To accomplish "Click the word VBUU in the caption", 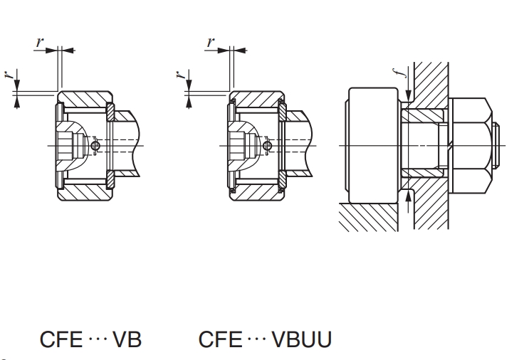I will click(301, 339).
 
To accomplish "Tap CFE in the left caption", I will click(63, 339).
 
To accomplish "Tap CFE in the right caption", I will click(221, 339).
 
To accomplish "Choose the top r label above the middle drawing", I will click(210, 42).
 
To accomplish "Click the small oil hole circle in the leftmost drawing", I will click(96, 146).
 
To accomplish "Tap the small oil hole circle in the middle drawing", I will click(267, 146).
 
